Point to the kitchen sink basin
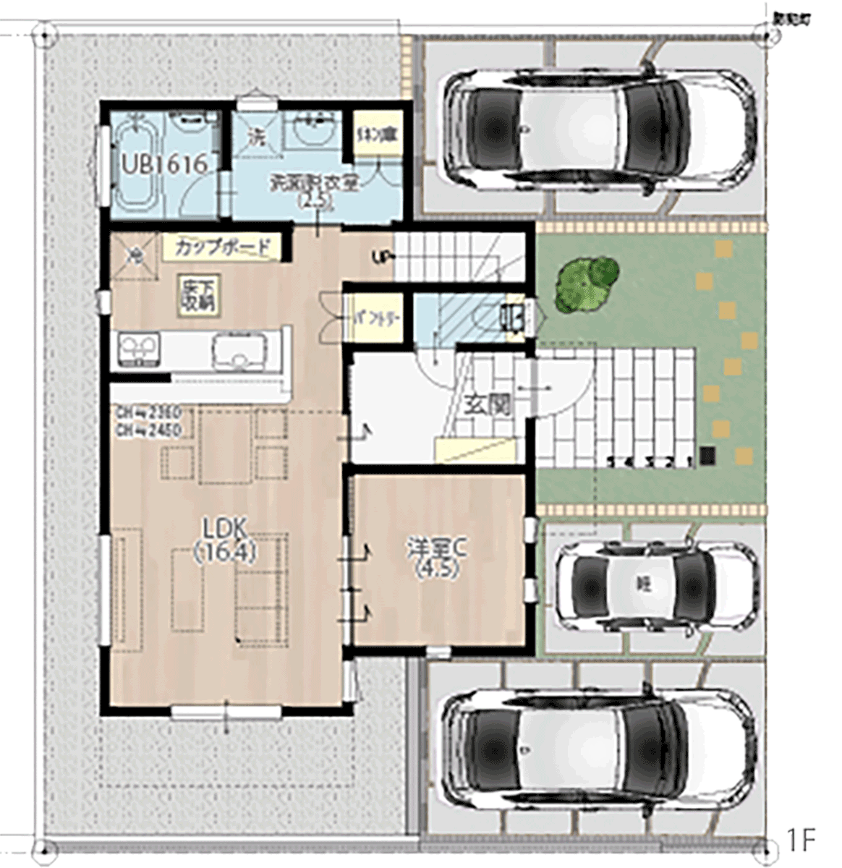(x=235, y=351)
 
